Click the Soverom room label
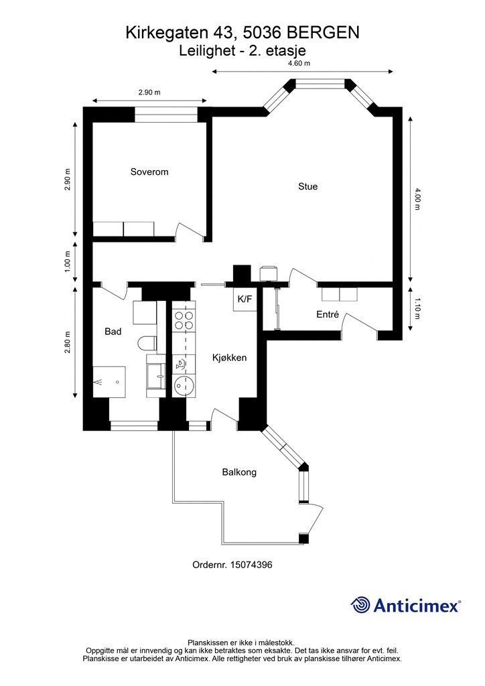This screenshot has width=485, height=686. pyautogui.click(x=149, y=172)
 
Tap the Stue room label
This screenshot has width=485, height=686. pyautogui.click(x=308, y=186)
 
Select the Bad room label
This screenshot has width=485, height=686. pyautogui.click(x=113, y=332)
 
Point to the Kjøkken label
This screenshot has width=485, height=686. pyautogui.click(x=229, y=358)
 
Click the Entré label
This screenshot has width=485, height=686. pyautogui.click(x=328, y=314)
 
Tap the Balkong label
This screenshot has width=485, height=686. pyautogui.click(x=239, y=472)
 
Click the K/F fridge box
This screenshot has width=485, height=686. pyautogui.click(x=245, y=299)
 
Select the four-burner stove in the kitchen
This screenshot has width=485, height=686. pyautogui.click(x=184, y=320)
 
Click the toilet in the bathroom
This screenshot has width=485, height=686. pyautogui.click(x=147, y=343)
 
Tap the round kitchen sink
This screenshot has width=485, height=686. pyautogui.click(x=184, y=385)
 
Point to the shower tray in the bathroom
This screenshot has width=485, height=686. pyautogui.click(x=109, y=382)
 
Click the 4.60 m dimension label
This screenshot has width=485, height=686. pyautogui.click(x=299, y=63)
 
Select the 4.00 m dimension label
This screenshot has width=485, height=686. pyautogui.click(x=417, y=198)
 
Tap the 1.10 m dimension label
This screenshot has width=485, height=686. pyautogui.click(x=417, y=309)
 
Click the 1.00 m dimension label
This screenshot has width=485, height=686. pyautogui.click(x=67, y=262)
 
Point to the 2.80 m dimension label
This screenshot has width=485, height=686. pyautogui.click(x=67, y=342)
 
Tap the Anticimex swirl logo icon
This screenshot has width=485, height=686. pyautogui.click(x=360, y=605)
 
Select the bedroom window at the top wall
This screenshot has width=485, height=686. pyautogui.click(x=166, y=114)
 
